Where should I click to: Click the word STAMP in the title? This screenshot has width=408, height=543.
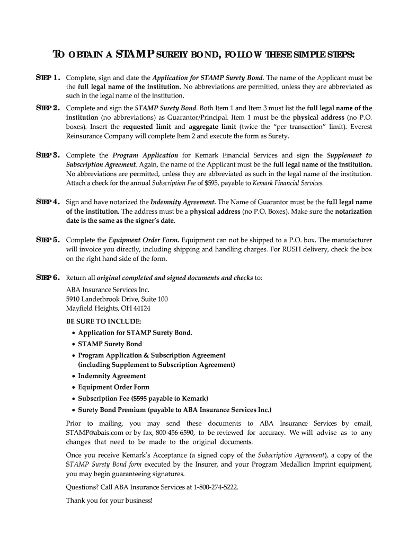tap(135, 55)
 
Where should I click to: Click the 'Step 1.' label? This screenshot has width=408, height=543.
tap(47, 77)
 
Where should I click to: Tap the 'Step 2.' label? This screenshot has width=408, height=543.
tap(47, 108)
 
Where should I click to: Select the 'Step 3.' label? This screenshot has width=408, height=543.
tap(47, 155)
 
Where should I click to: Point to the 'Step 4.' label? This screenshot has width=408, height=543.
tap(47, 202)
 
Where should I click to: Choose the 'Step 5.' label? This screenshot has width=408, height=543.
tap(47, 240)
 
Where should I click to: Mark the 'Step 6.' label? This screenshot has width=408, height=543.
tap(47, 277)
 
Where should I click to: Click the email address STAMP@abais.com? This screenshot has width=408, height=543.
tap(93, 433)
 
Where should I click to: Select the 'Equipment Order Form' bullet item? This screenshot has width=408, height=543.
tap(113, 387)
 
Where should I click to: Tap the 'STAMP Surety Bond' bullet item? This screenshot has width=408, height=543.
tap(110, 344)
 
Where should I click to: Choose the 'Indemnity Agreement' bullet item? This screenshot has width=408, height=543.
tap(112, 376)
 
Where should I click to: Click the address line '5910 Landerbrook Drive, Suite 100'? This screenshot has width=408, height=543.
tap(117, 299)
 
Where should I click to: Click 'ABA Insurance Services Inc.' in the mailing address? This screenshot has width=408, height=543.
tap(108, 290)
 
